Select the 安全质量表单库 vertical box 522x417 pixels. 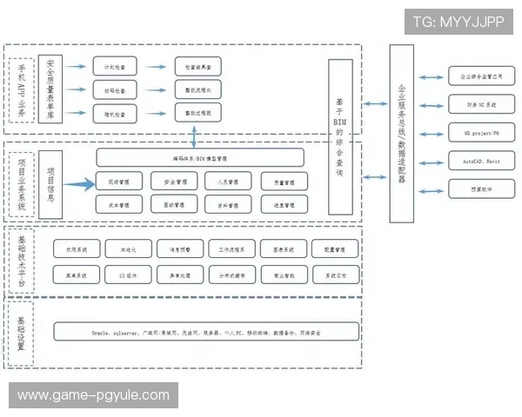click(x=51, y=89)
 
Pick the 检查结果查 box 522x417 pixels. click(x=197, y=67)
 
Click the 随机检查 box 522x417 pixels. click(x=115, y=113)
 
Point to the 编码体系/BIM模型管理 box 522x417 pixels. click(x=200, y=158)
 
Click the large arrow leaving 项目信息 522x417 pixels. click(x=77, y=183)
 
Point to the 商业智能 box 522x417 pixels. click(x=283, y=275)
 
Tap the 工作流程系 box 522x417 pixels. click(x=231, y=248)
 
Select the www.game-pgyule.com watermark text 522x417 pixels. click(x=93, y=396)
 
